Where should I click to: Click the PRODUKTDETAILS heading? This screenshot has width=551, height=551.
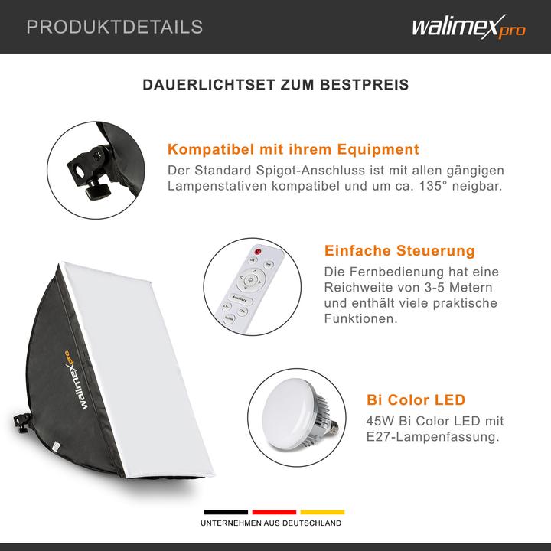[x=115, y=28]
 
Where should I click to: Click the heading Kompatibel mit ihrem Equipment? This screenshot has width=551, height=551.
[x=293, y=149]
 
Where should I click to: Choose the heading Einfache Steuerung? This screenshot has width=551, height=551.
[x=399, y=251]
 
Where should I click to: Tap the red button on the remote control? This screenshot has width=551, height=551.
[x=257, y=251]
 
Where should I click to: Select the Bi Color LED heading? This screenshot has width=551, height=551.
[x=416, y=400]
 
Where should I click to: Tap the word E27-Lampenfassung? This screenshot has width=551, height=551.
[x=434, y=438]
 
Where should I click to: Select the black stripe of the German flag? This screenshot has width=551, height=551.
[x=225, y=512]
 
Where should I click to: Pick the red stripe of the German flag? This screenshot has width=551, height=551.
[x=274, y=512]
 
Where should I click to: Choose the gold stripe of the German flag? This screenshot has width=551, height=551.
[x=322, y=512]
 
